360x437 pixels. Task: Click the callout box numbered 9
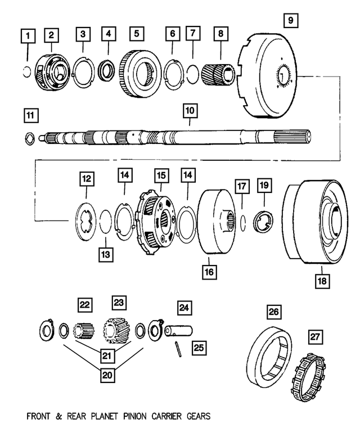pyautogui.click(x=290, y=22)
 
